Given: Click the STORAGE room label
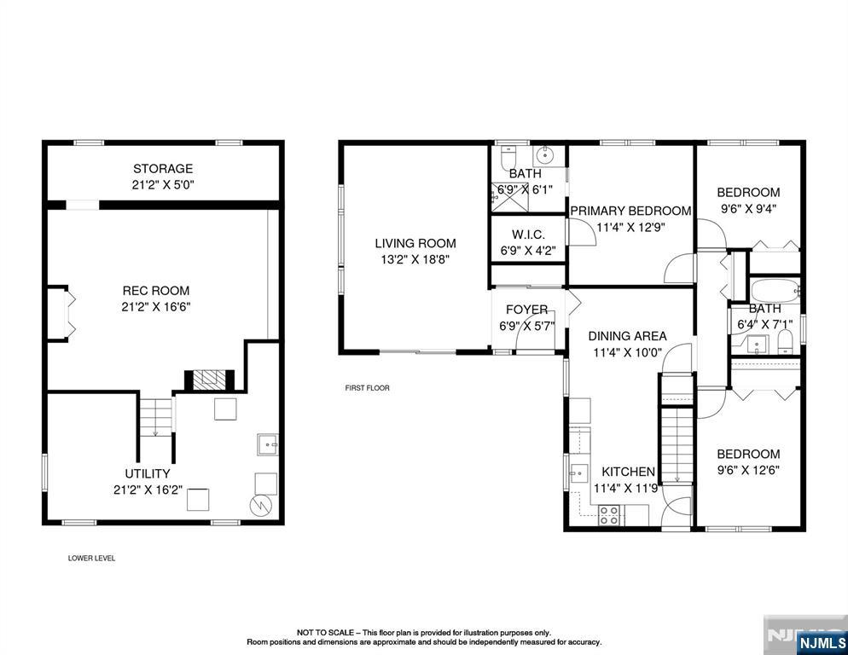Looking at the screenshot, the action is (x=163, y=169).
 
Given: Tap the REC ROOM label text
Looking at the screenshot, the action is (x=156, y=291).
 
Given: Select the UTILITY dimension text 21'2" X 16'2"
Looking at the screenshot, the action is (x=148, y=490).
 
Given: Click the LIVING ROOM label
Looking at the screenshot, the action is (x=415, y=243).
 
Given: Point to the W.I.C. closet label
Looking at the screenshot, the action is (x=528, y=235).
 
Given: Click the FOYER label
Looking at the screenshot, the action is (x=526, y=310).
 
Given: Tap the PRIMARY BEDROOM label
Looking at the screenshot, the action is (x=630, y=211).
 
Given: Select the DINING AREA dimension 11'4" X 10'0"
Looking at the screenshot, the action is (x=627, y=352).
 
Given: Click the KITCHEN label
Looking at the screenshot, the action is (x=629, y=472).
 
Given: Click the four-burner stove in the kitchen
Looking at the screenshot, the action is (x=609, y=515).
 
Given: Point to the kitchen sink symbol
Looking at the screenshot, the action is (x=578, y=473).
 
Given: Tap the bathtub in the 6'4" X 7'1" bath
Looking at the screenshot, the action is (x=775, y=291).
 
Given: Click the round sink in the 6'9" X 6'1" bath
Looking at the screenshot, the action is (x=546, y=156).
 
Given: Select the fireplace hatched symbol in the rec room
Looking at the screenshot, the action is (x=209, y=380).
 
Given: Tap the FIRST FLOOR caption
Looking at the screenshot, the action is (x=367, y=388).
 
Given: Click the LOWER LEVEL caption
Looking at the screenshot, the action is (x=91, y=558).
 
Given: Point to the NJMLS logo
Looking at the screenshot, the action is (x=822, y=642).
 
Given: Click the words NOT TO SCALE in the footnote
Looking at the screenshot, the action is (x=325, y=632).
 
